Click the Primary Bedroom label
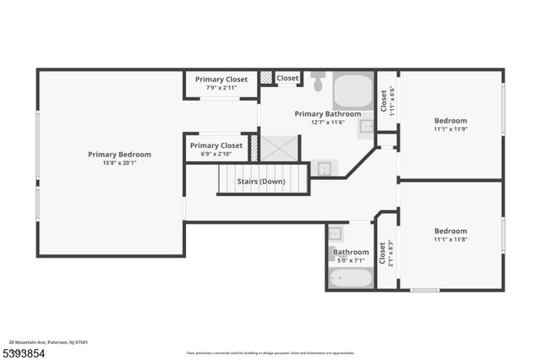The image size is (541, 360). point(119,155)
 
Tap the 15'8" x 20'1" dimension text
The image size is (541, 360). point(119,163)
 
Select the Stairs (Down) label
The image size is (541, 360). point(260,182)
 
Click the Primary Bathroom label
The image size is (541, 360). point(327,114)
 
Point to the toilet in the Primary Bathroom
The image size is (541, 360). point(318,82)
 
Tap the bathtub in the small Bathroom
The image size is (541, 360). point(350,277)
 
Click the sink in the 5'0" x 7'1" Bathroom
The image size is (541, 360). point(336,233)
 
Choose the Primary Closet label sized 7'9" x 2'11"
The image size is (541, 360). point(221,79)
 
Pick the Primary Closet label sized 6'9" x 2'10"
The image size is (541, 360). point(216,145)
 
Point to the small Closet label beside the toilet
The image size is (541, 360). point(287,79)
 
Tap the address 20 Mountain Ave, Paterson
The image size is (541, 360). point(49,342)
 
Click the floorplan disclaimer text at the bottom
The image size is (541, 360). point(270,352)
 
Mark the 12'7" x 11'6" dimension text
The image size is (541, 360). point(327,123)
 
